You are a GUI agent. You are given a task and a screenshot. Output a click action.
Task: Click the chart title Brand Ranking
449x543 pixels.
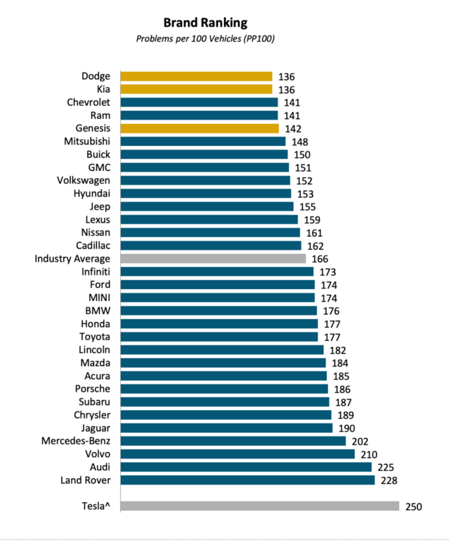205,23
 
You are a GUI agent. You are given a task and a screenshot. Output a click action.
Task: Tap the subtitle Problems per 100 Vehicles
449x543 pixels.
205,39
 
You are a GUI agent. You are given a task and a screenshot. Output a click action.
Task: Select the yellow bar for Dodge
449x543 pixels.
196,76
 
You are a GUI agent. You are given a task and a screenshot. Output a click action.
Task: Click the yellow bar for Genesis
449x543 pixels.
199,129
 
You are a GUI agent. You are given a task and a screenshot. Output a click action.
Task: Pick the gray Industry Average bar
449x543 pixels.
213,259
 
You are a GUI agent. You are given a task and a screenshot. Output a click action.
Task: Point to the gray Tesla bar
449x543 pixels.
260,506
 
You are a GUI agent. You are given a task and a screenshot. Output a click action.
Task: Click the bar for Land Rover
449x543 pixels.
248,480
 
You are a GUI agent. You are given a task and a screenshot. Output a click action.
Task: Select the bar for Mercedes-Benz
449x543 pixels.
233,441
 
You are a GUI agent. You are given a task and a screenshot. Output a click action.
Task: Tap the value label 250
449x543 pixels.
413,507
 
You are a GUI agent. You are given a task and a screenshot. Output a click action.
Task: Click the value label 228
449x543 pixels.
389,481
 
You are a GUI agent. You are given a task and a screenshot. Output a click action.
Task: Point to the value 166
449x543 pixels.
320,259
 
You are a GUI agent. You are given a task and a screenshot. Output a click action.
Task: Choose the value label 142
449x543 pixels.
293,129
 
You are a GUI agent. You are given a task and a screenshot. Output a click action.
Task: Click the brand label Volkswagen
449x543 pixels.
83,181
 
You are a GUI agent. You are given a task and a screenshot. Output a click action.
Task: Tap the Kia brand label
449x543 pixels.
103,89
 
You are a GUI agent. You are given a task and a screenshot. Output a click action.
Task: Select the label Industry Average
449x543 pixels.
72,259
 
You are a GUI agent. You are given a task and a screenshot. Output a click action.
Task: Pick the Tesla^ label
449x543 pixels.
96,506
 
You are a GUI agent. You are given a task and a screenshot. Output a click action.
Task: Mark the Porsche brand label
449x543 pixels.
93,389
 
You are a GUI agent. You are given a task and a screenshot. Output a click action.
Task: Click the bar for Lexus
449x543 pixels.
209,220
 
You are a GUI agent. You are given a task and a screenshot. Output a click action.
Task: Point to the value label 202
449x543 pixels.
360,442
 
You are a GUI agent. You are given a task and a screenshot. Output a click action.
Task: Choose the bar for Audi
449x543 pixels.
246,467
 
